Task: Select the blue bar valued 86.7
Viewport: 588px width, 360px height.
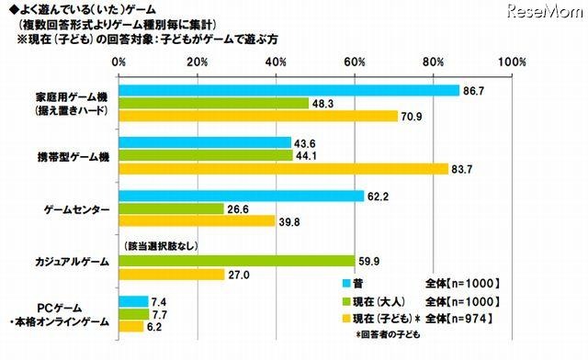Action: (x=288, y=91)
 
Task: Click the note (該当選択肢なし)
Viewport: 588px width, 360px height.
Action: (x=161, y=247)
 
